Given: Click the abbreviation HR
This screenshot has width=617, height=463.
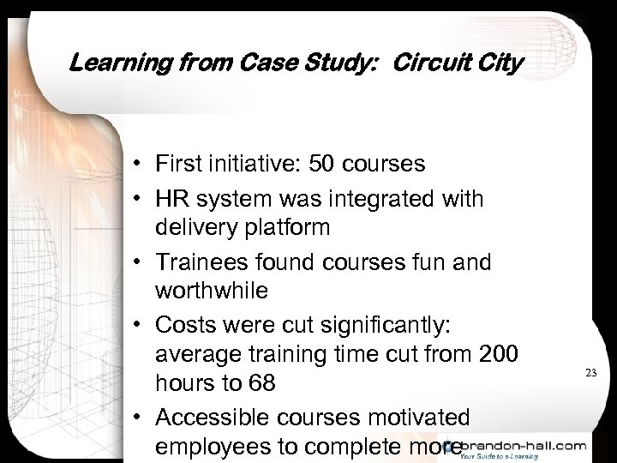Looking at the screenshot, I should [x=172, y=199].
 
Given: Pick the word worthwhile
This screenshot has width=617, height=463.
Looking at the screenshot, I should [x=212, y=290].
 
